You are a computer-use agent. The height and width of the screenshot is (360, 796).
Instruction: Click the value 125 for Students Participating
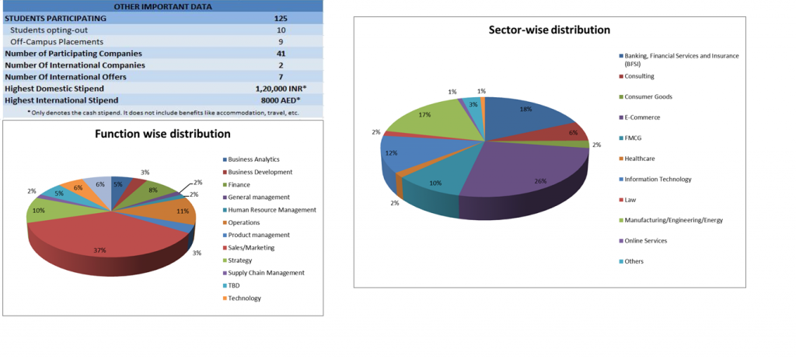pyautogui.click(x=281, y=18)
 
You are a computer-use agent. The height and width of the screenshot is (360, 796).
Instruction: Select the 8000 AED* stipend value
pyautogui.click(x=281, y=100)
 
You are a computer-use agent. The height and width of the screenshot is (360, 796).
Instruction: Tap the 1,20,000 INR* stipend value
pyautogui.click(x=281, y=89)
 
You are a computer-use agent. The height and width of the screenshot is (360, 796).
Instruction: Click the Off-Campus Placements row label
pyautogui.click(x=57, y=41)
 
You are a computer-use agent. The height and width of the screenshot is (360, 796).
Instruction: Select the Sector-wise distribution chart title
pyautogui.click(x=549, y=30)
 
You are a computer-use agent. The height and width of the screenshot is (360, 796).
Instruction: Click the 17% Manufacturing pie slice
pyautogui.click(x=424, y=121)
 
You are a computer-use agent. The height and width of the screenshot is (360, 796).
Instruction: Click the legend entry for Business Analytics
pyautogui.click(x=253, y=159)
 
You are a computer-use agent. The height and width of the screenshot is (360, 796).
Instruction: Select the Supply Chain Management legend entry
pyautogui.click(x=266, y=273)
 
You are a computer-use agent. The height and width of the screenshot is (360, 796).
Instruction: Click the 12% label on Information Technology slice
pyautogui.click(x=392, y=153)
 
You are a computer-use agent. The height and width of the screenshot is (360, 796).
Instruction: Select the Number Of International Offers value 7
pyautogui.click(x=281, y=77)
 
